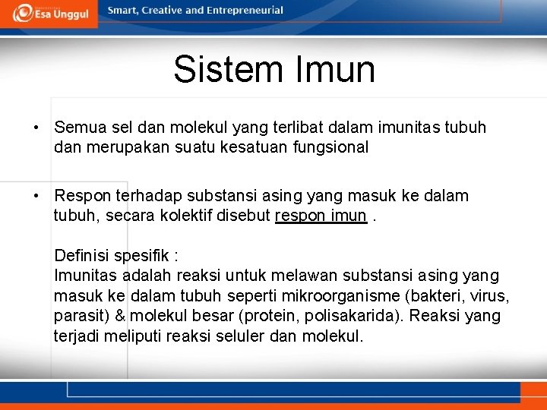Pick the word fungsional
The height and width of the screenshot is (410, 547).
[330, 147]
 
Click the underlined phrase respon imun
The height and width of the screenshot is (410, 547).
[321, 216]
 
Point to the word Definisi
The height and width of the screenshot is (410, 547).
[83, 255]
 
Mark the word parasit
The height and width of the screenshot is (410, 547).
[79, 315]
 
